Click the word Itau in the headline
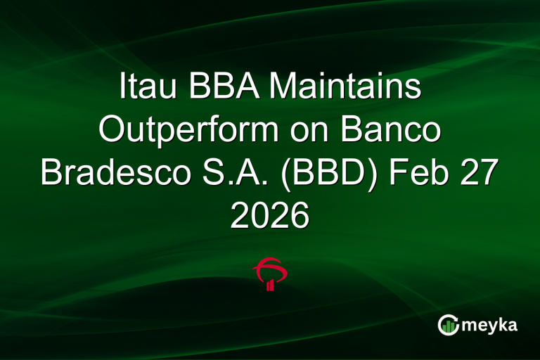[x=144, y=89]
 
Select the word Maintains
[x=344, y=89]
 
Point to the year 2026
[x=270, y=216]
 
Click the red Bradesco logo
[x=270, y=274]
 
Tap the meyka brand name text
[x=491, y=324]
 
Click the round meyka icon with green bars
[x=449, y=324]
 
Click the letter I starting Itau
[x=122, y=89]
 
